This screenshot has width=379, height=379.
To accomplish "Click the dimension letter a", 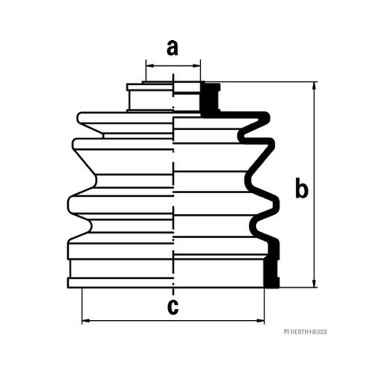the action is pos(172,48).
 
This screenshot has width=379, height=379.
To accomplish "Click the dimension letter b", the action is pos(302,188).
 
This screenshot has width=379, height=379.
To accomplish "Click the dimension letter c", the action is pos(173,307).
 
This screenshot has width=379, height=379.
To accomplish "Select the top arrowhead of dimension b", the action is pos(314,86).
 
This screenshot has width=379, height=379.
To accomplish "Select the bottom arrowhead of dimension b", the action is pos(314,283).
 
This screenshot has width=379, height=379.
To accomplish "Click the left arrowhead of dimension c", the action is pos(86,321).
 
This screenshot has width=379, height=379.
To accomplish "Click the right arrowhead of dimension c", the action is pos(260,321).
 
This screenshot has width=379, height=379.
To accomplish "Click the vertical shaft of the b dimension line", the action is pos(314,185).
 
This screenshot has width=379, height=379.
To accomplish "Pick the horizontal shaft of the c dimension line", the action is pos(173,321).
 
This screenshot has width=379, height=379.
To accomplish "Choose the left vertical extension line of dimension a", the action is pos(146,70).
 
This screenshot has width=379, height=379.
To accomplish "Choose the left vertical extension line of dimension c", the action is pos(82,306).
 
